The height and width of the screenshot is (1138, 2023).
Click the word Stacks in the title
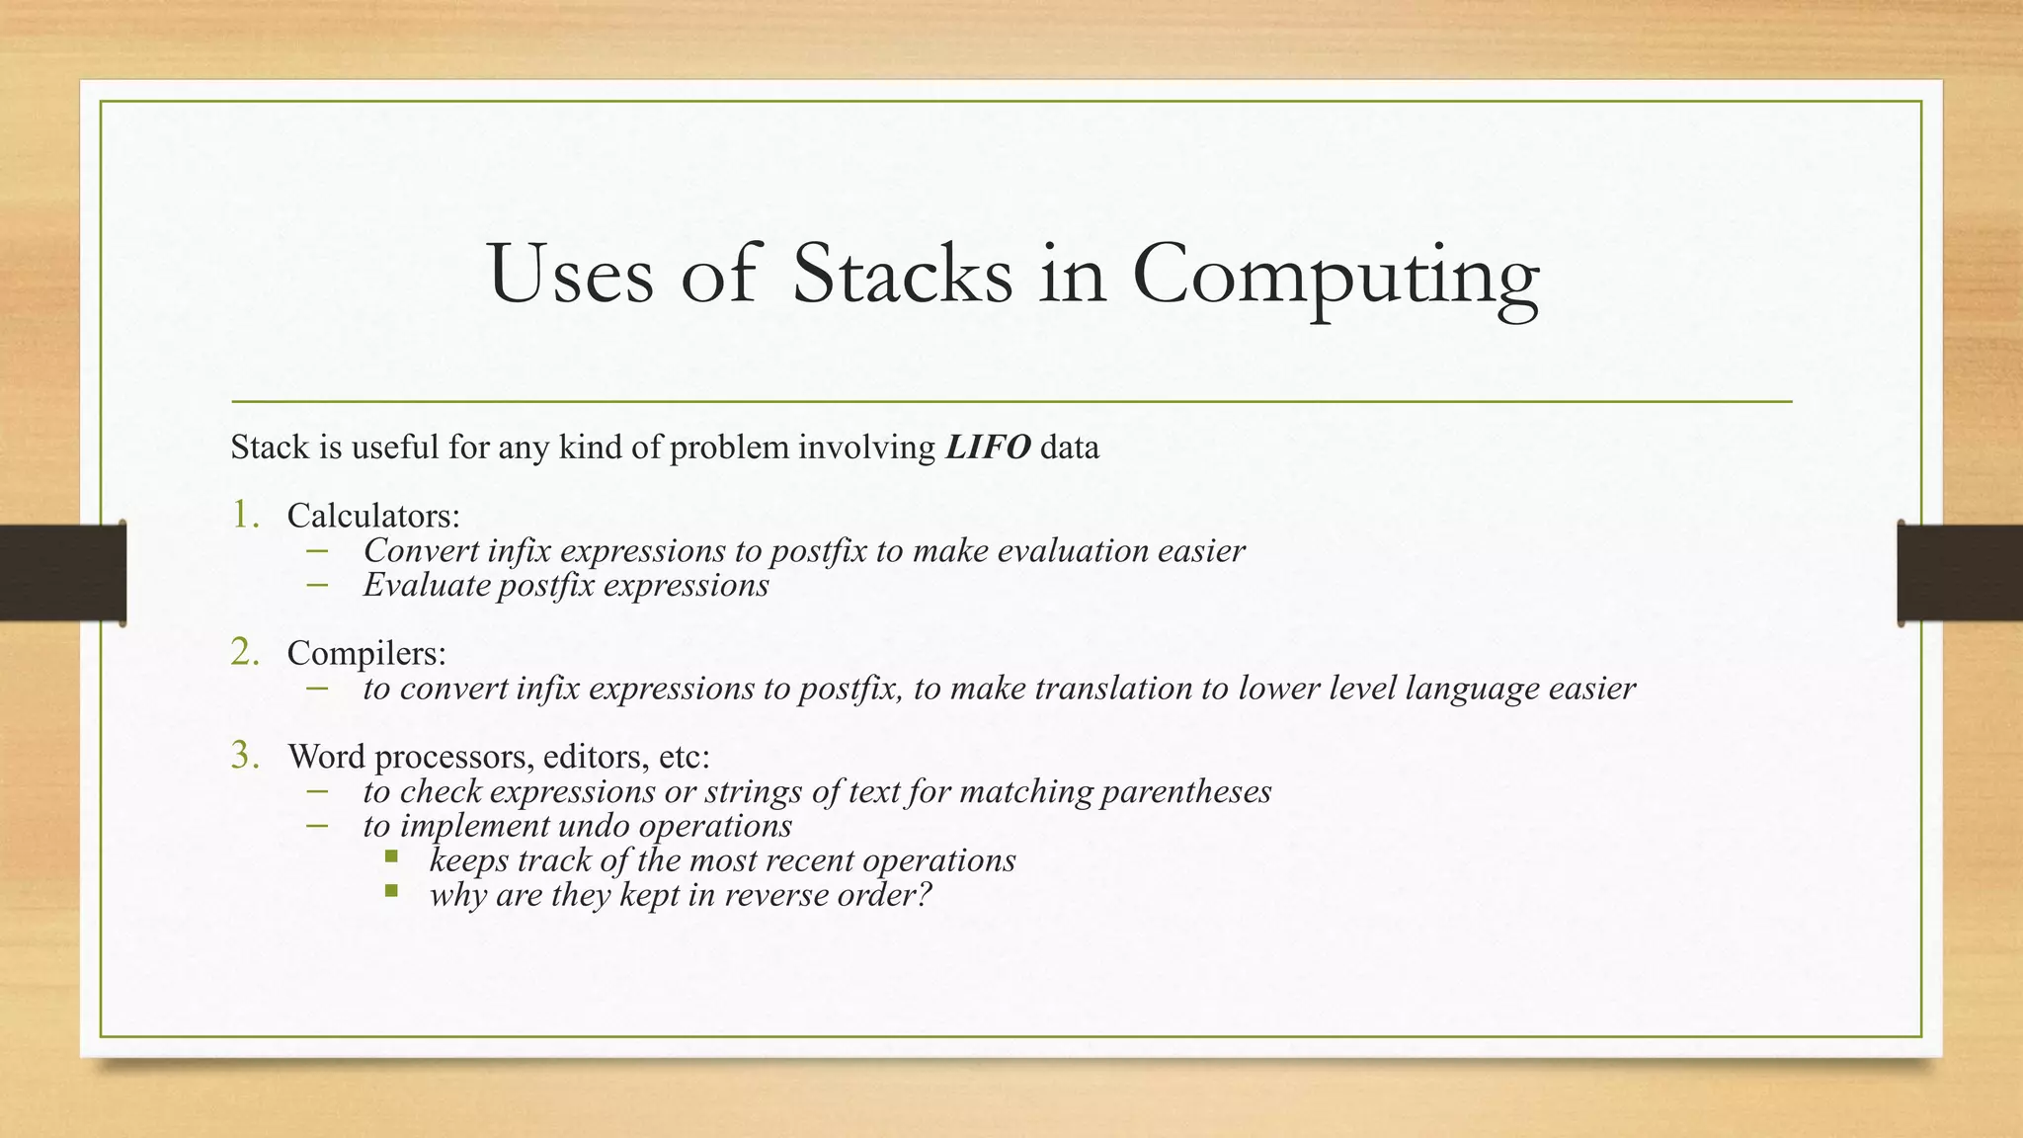point(902,274)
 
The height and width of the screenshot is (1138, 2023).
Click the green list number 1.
point(245,514)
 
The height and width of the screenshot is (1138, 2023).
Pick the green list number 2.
point(245,652)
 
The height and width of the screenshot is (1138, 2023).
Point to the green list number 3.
point(245,756)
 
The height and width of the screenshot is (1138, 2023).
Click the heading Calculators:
point(373,516)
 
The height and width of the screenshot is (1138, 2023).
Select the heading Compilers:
point(366,653)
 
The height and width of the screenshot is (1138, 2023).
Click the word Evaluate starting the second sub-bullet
point(426,586)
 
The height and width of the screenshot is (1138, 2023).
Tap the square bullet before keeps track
point(392,856)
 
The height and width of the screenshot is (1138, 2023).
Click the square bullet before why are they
point(392,891)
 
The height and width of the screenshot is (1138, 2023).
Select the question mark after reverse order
point(924,895)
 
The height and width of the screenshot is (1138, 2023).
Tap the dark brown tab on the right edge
point(1960,573)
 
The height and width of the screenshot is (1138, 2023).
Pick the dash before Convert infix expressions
point(316,551)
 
